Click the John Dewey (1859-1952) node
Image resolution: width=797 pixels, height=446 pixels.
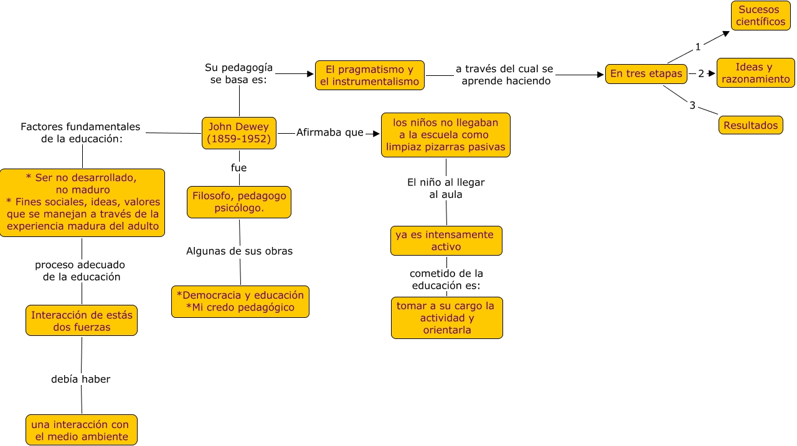point(239,133)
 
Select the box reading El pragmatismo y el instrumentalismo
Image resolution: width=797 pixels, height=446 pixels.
point(370,75)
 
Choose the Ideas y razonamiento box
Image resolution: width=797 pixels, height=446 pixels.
point(755,73)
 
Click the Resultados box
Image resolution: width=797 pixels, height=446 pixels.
point(750,125)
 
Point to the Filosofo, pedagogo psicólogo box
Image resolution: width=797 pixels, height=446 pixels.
point(239,202)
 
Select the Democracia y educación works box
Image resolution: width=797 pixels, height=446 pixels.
point(240,301)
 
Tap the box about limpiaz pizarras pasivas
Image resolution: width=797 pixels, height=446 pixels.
point(446,135)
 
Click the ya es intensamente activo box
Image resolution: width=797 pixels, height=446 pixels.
point(446,241)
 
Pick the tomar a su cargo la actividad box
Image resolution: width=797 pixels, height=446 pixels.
point(446,318)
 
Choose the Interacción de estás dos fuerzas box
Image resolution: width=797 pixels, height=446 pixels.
point(82,321)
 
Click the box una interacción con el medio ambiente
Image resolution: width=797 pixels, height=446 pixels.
point(82,430)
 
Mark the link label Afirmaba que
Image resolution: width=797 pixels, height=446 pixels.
point(329,132)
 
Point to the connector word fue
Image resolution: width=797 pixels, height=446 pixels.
point(238,168)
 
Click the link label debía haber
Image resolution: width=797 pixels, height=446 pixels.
point(81,379)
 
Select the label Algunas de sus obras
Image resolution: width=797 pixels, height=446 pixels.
point(239,251)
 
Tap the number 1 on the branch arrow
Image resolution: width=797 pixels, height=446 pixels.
point(698,47)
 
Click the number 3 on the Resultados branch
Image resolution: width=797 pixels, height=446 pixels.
point(692,106)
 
